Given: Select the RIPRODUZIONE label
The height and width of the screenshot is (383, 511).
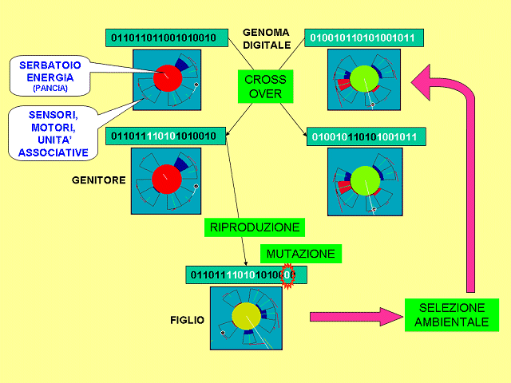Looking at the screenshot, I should [x=254, y=227].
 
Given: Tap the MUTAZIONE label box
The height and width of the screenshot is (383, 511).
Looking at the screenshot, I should [x=300, y=254].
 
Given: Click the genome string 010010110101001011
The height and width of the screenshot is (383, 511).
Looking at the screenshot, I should [x=364, y=38].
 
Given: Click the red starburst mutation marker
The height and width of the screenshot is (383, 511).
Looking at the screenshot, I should [x=291, y=274].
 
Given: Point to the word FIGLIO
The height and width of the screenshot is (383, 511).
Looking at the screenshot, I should [x=187, y=319].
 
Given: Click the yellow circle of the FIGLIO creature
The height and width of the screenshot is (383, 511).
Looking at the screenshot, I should [x=248, y=314].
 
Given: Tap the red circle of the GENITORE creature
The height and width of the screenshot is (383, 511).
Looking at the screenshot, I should [x=168, y=176].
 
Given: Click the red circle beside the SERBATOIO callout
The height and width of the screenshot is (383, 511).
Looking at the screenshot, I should [x=168, y=77].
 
